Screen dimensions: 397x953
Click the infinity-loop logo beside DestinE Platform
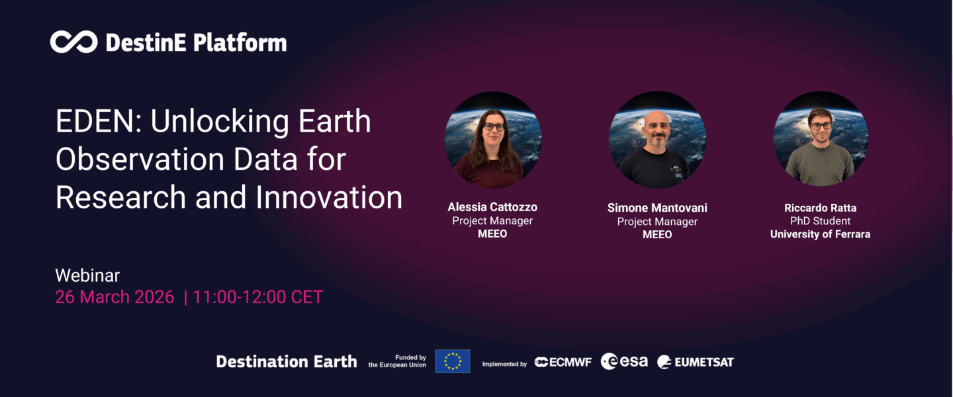click(73, 42)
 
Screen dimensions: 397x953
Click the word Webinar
click(87, 275)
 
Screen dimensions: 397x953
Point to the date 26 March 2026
click(114, 297)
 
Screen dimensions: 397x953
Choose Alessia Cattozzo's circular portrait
click(493, 140)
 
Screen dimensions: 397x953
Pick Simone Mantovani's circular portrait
click(657, 140)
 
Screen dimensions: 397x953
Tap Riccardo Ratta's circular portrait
click(821, 140)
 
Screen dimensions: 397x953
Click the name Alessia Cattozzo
click(492, 207)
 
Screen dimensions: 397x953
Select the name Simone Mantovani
click(657, 208)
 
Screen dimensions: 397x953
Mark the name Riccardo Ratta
click(820, 208)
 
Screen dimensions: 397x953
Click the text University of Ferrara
click(820, 234)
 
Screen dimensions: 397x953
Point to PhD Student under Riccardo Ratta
click(820, 221)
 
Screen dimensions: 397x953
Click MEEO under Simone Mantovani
click(657, 234)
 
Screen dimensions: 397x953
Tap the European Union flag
click(453, 361)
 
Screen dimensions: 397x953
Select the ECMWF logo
click(563, 362)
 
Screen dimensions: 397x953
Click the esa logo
click(624, 361)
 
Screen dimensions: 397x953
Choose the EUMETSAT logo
click(695, 362)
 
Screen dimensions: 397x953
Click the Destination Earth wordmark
click(287, 361)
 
